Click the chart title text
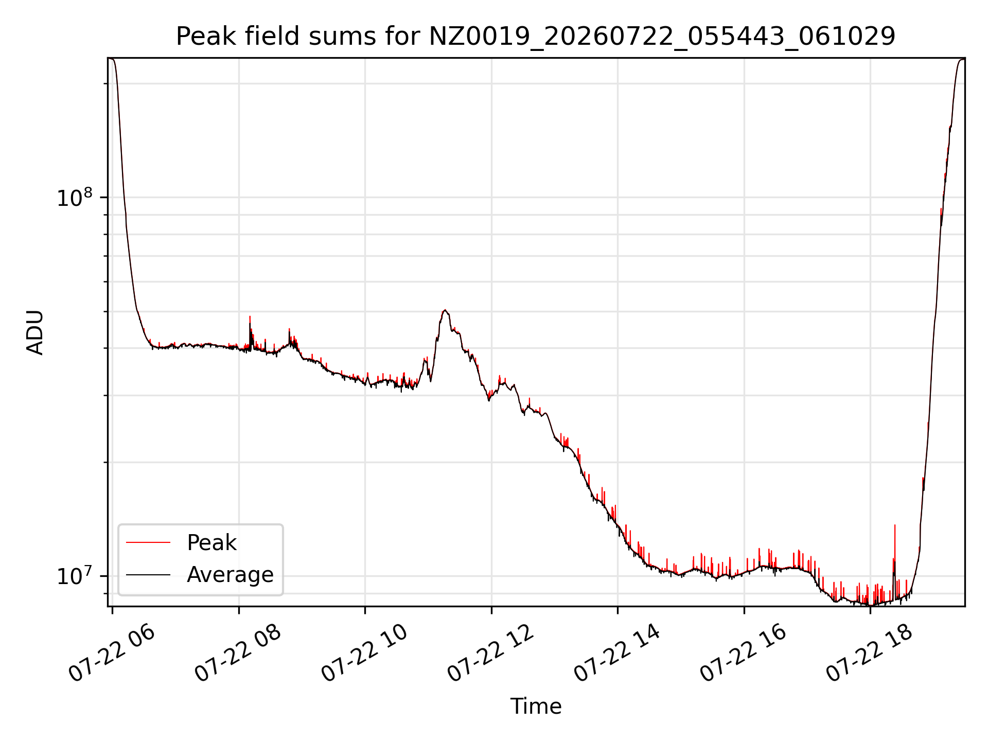point(536,37)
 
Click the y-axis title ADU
point(35,332)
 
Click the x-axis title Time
point(536,706)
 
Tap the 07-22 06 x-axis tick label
point(112,654)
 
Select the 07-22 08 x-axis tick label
point(238,654)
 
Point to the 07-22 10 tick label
point(364,654)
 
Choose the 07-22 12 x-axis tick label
point(491,654)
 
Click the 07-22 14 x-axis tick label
point(617,654)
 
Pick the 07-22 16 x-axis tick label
point(744,654)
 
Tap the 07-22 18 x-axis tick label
point(870,654)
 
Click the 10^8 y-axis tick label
point(75,198)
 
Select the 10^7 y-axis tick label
point(75,576)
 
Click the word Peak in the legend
point(211,543)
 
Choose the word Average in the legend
point(230,574)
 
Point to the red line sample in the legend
point(148,542)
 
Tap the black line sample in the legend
point(148,574)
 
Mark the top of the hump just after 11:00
point(445,310)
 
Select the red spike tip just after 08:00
point(250,316)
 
